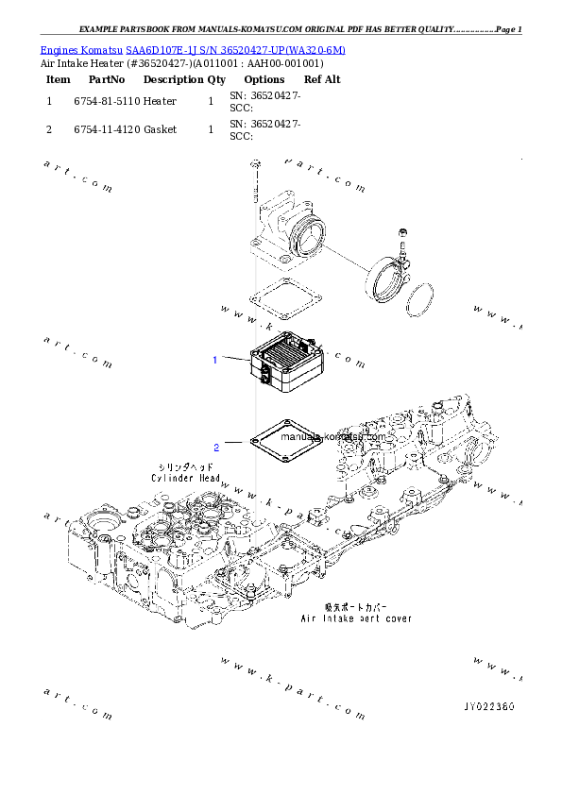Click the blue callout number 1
coord(215,360)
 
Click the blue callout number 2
coord(215,447)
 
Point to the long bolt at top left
coord(255,183)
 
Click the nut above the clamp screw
coord(403,233)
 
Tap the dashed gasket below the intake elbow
coord(284,297)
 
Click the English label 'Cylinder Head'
coord(186,479)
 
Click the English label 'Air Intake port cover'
coord(356,619)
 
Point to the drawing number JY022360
coord(488,706)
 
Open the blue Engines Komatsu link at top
coord(193,49)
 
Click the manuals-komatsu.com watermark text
coord(333,436)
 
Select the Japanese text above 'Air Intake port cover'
coord(356,607)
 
